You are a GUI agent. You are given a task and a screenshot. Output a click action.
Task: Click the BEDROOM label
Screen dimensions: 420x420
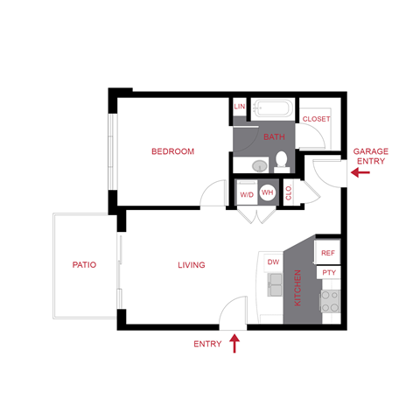pyautogui.click(x=171, y=151)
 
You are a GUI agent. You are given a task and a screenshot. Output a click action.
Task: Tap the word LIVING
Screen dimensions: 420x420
pyautogui.click(x=191, y=265)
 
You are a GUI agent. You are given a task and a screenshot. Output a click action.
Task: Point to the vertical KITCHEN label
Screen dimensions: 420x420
pyautogui.click(x=298, y=287)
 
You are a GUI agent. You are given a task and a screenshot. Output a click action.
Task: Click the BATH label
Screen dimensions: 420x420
pyautogui.click(x=275, y=136)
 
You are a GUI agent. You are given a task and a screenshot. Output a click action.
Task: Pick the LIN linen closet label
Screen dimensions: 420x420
pyautogui.click(x=239, y=107)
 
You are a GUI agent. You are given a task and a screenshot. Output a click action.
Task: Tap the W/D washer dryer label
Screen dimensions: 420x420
pyautogui.click(x=246, y=192)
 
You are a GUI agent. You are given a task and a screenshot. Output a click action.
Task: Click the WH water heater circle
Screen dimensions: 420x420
pyautogui.click(x=268, y=192)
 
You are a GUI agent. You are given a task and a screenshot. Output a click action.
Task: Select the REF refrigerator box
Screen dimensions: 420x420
pyautogui.click(x=328, y=253)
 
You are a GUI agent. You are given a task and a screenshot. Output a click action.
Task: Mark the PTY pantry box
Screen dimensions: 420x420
pyautogui.click(x=328, y=273)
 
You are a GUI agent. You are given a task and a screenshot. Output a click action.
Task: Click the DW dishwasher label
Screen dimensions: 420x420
pyautogui.click(x=273, y=262)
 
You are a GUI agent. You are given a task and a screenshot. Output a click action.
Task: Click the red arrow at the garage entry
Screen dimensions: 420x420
pyautogui.click(x=360, y=173)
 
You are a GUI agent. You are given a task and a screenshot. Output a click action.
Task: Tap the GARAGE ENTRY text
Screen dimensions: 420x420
pyautogui.click(x=370, y=157)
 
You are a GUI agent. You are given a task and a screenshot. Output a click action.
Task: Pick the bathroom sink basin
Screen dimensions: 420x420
pyautogui.click(x=258, y=164)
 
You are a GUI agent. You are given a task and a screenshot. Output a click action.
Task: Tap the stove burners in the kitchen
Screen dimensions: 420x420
pyautogui.click(x=330, y=302)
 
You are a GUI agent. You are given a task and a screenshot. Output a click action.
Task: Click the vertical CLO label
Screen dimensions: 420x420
pyautogui.click(x=289, y=193)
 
